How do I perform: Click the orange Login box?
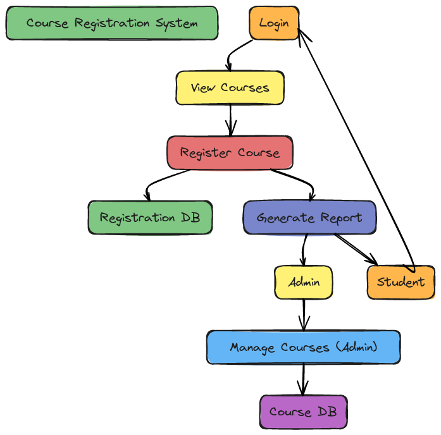point(274,23)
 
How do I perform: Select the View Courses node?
point(230,88)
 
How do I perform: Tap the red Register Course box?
point(230,153)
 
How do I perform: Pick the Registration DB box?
point(150,217)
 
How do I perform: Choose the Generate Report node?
point(309,217)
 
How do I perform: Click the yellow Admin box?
point(304,282)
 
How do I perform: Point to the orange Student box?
point(401,282)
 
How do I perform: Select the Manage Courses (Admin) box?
point(304,347)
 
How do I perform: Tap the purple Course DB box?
point(304,412)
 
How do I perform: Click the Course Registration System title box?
point(112,23)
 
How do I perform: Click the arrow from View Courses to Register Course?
point(231,120)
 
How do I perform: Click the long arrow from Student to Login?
point(355,149)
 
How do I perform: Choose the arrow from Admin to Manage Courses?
point(304,315)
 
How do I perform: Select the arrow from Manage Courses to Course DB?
point(303,379)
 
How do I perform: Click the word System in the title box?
point(177,23)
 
